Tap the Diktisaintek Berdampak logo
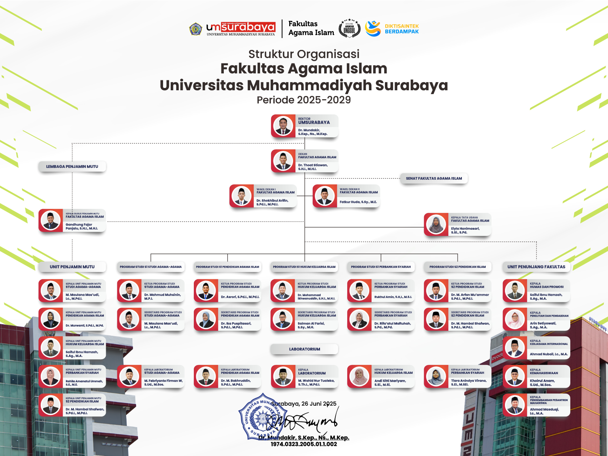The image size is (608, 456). click(391, 29)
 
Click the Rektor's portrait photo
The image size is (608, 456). click(283, 126)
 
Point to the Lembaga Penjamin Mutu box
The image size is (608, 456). click(72, 167)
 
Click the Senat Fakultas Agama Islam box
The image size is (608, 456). click(434, 178)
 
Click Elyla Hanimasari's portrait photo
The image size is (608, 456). click(436, 224)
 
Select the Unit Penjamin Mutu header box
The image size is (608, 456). click(72, 267)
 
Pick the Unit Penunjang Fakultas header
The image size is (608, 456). click(536, 267)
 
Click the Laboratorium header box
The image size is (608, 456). click(304, 349)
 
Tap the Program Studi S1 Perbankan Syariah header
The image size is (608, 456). click(381, 267)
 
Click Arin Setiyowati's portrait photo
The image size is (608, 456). click(515, 319)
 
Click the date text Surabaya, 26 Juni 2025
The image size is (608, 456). click(304, 403)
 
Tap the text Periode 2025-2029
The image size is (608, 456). click(304, 100)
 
